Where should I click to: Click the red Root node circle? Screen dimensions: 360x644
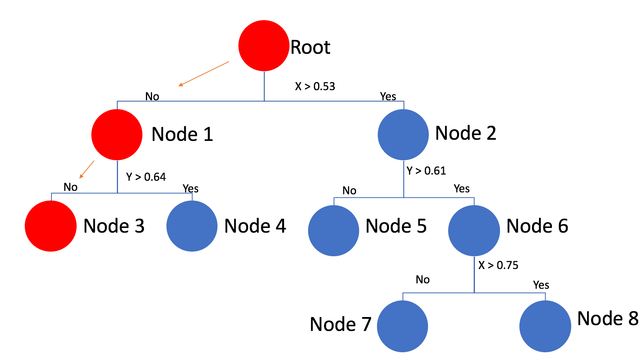coord(264,46)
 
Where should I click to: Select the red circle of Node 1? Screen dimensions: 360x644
coord(117,135)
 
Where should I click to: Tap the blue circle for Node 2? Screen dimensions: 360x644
coord(403,135)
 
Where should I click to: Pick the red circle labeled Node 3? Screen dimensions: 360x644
coord(51,226)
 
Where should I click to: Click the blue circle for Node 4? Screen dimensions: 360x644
coord(192,226)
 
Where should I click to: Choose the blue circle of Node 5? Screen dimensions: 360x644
coord(334,231)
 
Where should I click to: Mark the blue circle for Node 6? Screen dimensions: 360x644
coord(474,231)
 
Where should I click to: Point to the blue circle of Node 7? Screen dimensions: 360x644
coord(402,326)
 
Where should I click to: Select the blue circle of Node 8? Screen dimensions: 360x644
coord(545,326)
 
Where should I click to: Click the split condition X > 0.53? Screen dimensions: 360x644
coord(315,86)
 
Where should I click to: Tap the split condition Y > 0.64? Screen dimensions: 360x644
coord(146,177)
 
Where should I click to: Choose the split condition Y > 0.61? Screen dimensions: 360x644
coord(426,171)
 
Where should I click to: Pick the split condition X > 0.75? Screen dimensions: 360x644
coord(498,265)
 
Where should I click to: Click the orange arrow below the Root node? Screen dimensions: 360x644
coord(204,74)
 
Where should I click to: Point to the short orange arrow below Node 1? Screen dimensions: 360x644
coord(87,169)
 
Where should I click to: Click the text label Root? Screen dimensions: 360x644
coord(310,48)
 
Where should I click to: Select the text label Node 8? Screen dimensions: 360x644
coord(608,319)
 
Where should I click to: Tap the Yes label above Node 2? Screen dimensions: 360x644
coord(388,96)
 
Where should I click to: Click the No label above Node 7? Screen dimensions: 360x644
coord(423,279)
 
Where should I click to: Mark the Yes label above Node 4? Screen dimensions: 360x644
coord(190,189)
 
